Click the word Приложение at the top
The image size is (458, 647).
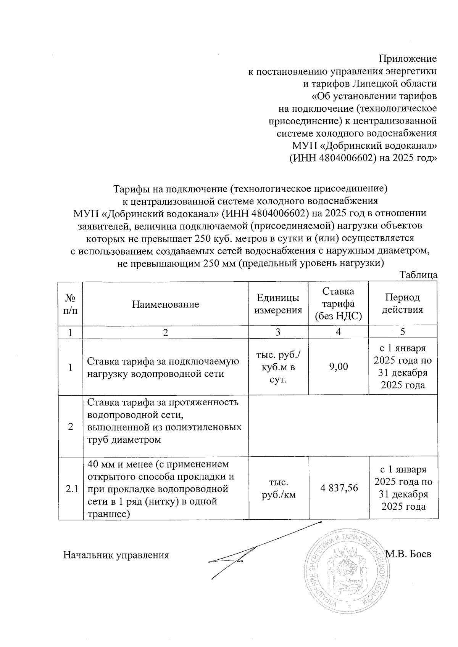point(407,59)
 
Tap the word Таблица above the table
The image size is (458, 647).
point(418,275)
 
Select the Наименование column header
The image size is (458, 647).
point(166,304)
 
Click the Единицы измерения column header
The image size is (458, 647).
point(278,304)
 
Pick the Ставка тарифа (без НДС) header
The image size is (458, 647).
point(338,304)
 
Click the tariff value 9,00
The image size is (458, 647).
point(338,366)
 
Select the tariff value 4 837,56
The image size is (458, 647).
point(338,488)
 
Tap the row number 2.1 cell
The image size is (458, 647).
point(71,489)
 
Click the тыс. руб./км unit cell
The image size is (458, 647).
point(278,488)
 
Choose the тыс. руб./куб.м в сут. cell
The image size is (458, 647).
point(278,367)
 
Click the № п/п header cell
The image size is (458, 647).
point(71,304)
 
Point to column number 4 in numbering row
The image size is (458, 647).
point(338,332)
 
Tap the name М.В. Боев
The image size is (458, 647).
point(408,554)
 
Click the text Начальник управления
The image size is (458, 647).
point(116,555)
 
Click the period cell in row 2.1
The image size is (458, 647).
point(403,488)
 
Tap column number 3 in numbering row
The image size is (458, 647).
point(278,332)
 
